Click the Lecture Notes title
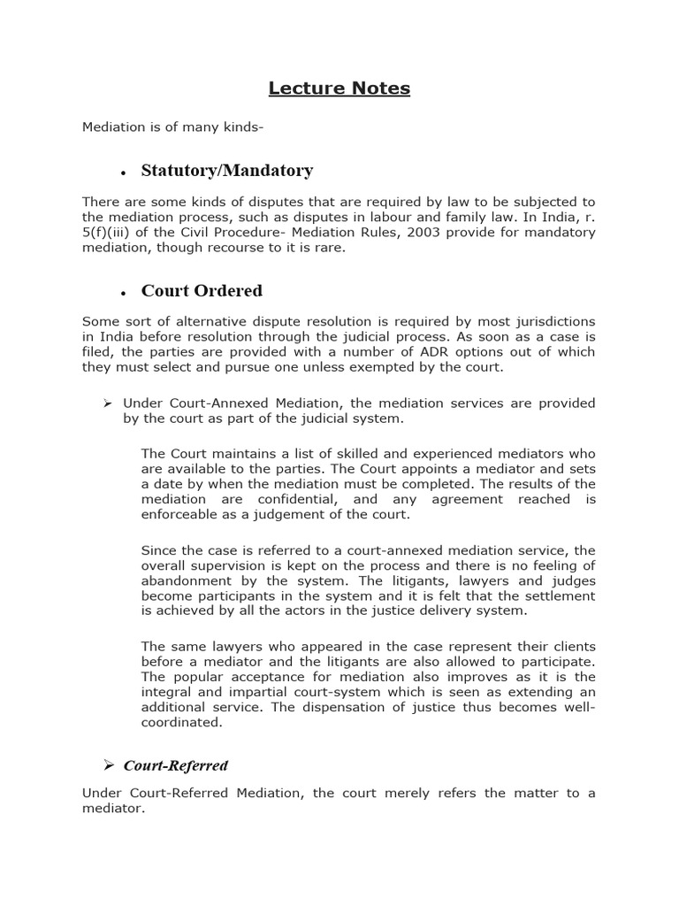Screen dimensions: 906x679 point(339,88)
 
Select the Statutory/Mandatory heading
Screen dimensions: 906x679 point(226,170)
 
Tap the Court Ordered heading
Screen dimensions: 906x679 point(202,290)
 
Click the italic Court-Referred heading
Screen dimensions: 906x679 point(175,765)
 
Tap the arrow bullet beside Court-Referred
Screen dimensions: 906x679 point(111,765)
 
